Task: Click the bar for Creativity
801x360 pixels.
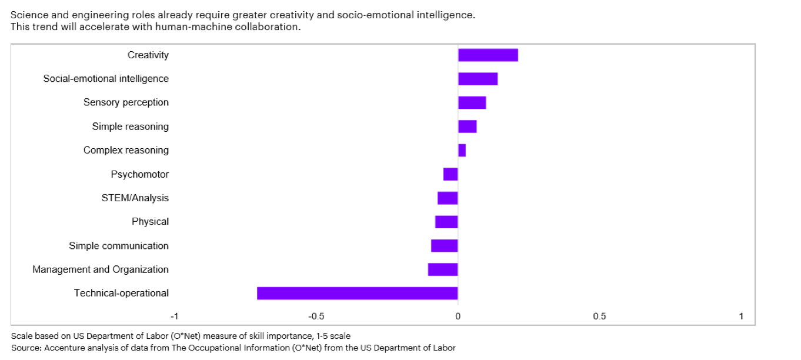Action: pyautogui.click(x=488, y=55)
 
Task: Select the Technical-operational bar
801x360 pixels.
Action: pyautogui.click(x=357, y=293)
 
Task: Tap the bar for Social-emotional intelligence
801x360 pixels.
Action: pyautogui.click(x=478, y=79)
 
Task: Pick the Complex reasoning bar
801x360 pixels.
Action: pyautogui.click(x=462, y=150)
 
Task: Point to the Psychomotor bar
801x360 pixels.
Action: pyautogui.click(x=450, y=174)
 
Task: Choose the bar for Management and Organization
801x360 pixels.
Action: pyautogui.click(x=443, y=269)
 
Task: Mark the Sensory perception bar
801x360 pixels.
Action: pyautogui.click(x=472, y=102)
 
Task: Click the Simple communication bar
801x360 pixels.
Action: pyautogui.click(x=444, y=246)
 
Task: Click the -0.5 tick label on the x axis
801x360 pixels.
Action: pyautogui.click(x=316, y=316)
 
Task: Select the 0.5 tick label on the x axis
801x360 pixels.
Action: pyautogui.click(x=599, y=316)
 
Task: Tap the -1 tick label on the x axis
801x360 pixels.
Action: pyautogui.click(x=175, y=316)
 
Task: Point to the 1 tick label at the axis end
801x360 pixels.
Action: pyautogui.click(x=741, y=316)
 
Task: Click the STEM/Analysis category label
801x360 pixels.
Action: pyautogui.click(x=135, y=198)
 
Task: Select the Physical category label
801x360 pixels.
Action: pyautogui.click(x=150, y=222)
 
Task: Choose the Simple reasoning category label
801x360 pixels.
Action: pyautogui.click(x=130, y=126)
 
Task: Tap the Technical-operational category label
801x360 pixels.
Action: pyautogui.click(x=121, y=293)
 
